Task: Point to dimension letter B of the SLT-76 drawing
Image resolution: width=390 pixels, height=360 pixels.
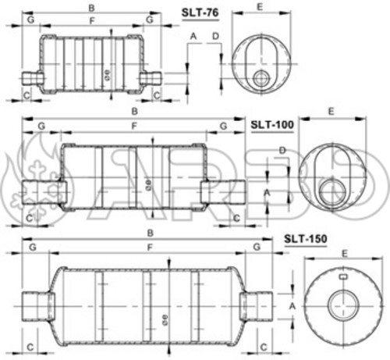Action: click(x=91, y=9)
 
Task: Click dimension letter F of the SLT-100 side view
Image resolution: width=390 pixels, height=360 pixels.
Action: click(x=134, y=126)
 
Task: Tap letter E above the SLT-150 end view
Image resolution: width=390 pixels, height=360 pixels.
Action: click(x=345, y=253)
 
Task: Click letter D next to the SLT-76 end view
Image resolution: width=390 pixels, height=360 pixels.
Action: click(x=215, y=36)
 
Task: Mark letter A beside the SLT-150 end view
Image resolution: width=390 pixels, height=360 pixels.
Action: click(x=292, y=307)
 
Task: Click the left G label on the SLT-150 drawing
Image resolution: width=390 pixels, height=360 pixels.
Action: click(x=33, y=247)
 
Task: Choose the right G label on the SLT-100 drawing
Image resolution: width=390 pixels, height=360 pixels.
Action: click(x=222, y=126)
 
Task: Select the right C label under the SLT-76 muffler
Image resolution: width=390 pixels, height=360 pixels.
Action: click(x=156, y=94)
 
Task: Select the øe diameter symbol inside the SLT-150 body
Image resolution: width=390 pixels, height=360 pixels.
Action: click(x=165, y=319)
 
